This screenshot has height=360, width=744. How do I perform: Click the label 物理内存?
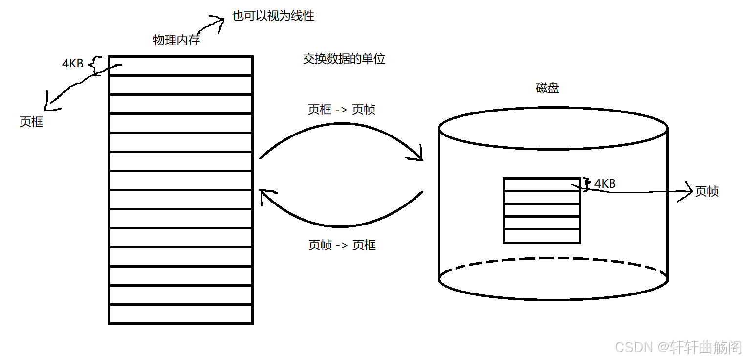point(176,40)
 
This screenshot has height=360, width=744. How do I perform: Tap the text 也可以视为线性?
point(273,16)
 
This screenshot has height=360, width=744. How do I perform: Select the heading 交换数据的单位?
point(344,59)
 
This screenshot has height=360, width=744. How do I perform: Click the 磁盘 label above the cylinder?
point(547,88)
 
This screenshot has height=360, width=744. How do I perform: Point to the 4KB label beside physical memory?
point(73,63)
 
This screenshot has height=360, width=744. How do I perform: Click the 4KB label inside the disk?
point(605,183)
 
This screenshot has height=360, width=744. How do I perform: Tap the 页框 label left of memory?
point(31,122)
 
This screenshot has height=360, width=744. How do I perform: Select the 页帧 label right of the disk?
point(707,191)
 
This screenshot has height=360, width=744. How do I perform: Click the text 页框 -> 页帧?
point(342,110)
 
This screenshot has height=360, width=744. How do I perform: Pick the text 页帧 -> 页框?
point(342,245)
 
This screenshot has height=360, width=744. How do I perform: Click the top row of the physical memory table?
point(180,66)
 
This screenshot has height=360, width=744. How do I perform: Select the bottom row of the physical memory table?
point(180,314)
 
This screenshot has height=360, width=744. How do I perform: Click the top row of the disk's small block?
point(542,184)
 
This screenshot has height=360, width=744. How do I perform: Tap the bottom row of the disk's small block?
point(542,236)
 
